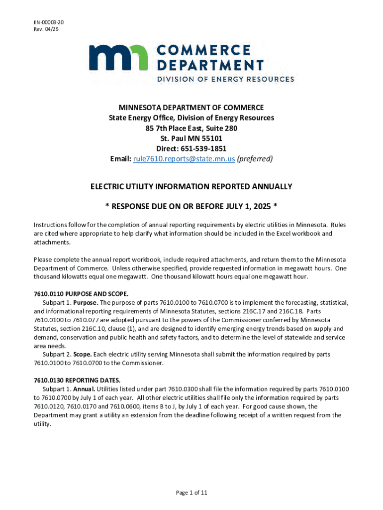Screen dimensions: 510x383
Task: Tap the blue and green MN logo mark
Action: [x=118, y=59]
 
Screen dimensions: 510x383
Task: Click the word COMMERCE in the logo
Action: [x=204, y=50]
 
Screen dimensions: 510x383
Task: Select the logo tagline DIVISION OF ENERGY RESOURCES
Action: [x=225, y=79]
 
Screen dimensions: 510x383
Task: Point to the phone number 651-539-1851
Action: [x=207, y=148]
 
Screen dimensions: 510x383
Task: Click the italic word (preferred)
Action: [x=255, y=159]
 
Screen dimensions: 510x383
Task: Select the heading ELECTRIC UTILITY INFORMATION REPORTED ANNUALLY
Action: [x=191, y=186]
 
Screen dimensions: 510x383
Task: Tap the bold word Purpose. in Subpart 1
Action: [x=85, y=302]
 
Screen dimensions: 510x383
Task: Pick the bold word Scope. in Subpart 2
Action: [x=83, y=354]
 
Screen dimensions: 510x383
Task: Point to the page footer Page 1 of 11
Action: [x=191, y=493]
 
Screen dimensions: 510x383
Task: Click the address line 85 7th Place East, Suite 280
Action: [x=191, y=128]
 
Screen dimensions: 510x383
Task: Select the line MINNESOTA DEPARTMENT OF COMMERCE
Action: [x=191, y=108]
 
